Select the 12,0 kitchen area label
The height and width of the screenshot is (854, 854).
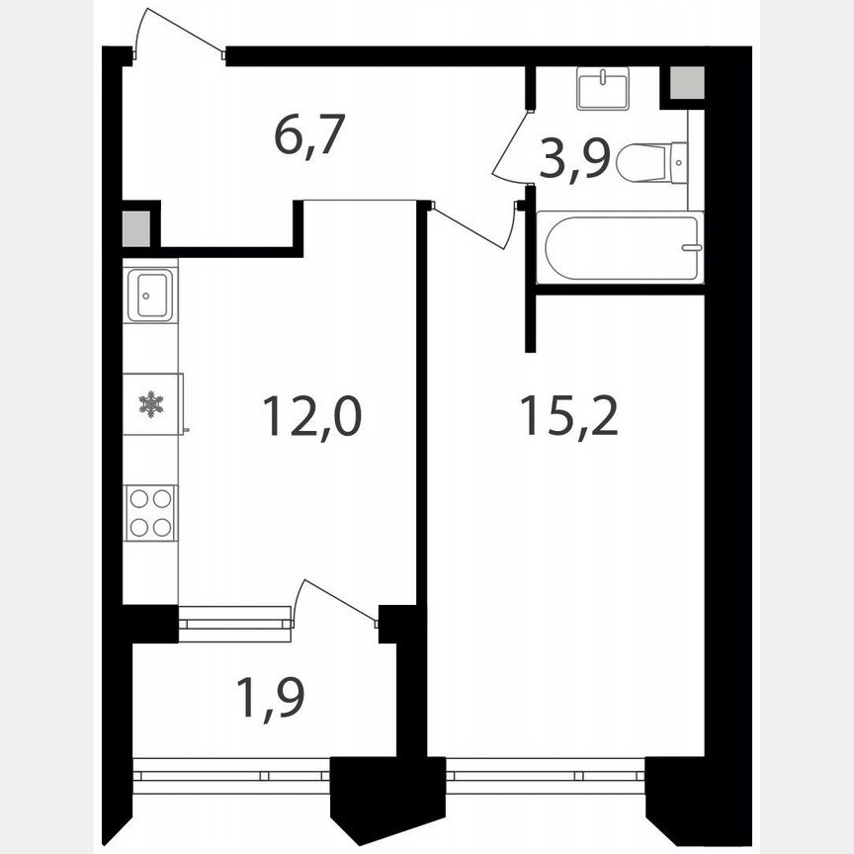[x=311, y=416]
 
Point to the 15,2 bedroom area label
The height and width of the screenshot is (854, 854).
[x=568, y=416]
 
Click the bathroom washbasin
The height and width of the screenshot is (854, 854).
[x=603, y=89]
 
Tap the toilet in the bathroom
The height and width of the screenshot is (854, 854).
[x=652, y=162]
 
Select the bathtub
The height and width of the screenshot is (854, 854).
[x=621, y=247]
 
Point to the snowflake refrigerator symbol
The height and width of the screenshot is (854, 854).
[x=150, y=403]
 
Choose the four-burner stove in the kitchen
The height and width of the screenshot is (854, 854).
[x=150, y=513]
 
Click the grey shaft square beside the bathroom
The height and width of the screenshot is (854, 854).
[x=687, y=83]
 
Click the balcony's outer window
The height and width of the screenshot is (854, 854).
[x=231, y=775]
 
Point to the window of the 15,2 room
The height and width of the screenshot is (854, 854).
[x=546, y=775]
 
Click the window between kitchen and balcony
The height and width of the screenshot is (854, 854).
[x=235, y=624]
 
